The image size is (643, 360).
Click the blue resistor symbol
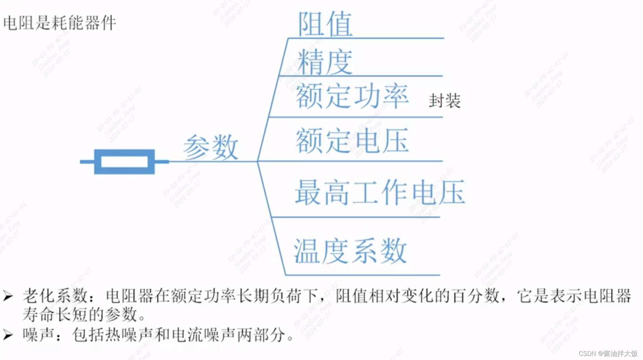(x=124, y=161)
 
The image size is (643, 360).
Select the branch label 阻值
(x=325, y=24)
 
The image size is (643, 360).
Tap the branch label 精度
(x=325, y=62)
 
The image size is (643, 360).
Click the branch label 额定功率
(x=352, y=96)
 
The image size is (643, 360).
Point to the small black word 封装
(x=445, y=101)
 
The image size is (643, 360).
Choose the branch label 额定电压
(x=352, y=140)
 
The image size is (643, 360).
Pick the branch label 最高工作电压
(x=380, y=192)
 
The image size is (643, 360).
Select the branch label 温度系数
(x=350, y=251)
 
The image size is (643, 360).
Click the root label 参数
(x=211, y=147)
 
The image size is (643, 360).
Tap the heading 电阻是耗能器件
(x=60, y=23)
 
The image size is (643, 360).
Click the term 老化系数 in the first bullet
(x=55, y=295)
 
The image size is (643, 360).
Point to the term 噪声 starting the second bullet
(x=38, y=335)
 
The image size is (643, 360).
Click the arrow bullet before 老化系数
(x=8, y=296)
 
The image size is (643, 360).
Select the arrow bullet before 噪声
(x=8, y=335)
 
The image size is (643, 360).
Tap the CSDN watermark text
(x=608, y=353)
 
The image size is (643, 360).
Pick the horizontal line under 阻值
(x=366, y=38)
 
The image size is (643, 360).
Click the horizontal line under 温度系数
(x=362, y=275)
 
